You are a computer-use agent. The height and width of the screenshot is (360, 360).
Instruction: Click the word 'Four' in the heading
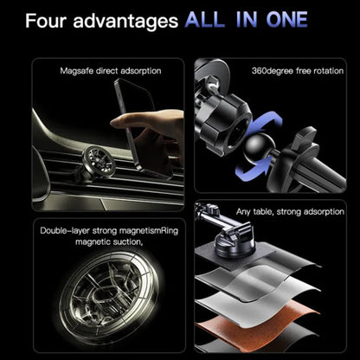[46, 22]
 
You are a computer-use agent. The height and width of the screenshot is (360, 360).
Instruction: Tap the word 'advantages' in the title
[125, 22]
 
